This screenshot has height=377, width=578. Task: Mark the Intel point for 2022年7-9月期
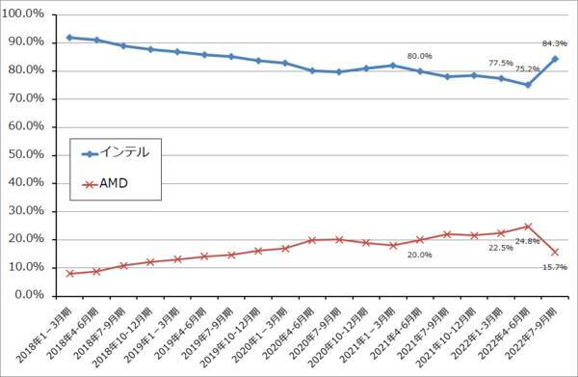[x=555, y=59]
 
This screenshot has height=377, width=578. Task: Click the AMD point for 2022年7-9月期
[x=555, y=252]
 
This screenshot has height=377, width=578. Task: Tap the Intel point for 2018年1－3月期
[x=70, y=38]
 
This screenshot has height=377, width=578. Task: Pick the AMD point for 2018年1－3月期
[x=70, y=273]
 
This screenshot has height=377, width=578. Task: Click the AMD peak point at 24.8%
[x=528, y=227]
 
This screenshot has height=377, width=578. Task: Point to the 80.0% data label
[x=419, y=56]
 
